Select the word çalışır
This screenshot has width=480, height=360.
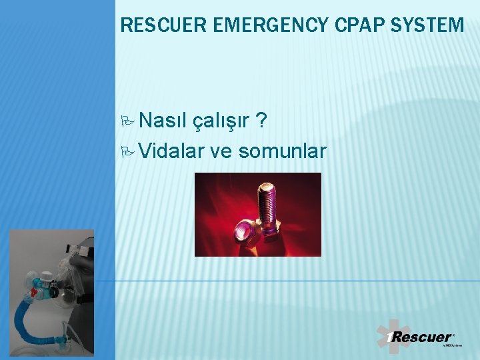tap(221, 121)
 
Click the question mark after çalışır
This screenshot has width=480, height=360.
tap(263, 121)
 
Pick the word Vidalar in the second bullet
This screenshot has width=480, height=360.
tap(173, 151)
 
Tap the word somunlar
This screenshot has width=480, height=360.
tap(282, 151)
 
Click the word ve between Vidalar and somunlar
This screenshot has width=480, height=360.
tap(221, 151)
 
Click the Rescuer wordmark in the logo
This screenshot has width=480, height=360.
tap(420, 337)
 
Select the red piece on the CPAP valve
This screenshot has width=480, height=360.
tap(34, 291)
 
